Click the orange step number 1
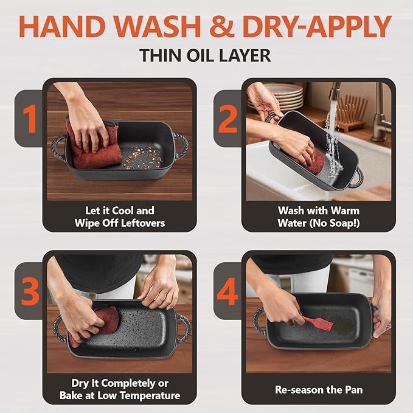(x=30, y=119)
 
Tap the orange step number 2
(x=228, y=119)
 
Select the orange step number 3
(x=30, y=291)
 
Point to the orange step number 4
(x=227, y=291)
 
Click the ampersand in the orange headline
(x=222, y=26)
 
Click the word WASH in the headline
(x=158, y=26)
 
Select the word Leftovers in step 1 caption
(x=143, y=223)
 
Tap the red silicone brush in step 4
(x=318, y=323)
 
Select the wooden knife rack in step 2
(x=352, y=113)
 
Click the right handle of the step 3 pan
(x=183, y=328)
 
